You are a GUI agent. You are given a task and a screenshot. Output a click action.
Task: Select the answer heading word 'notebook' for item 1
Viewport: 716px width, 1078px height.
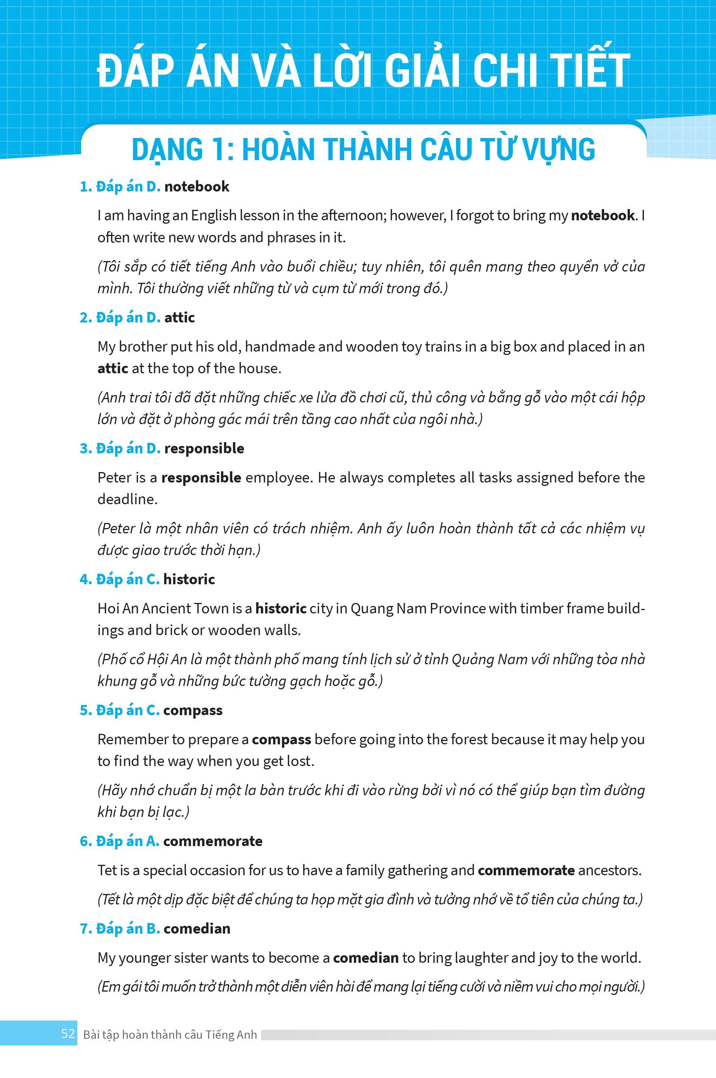(x=197, y=187)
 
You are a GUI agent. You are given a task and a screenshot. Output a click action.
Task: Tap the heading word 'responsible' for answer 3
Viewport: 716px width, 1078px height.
(x=204, y=448)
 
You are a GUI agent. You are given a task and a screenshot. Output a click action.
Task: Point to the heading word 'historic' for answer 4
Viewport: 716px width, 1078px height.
(x=189, y=579)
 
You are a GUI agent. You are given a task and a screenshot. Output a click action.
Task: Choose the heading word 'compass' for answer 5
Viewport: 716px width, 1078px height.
(x=193, y=710)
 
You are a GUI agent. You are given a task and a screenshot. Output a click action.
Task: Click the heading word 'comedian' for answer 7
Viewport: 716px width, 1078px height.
(x=197, y=928)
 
